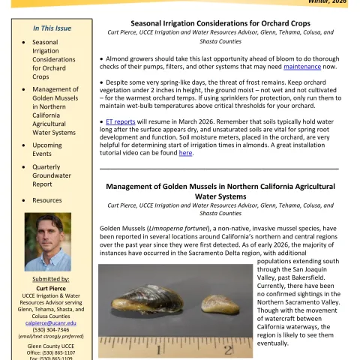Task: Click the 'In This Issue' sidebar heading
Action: (x=52, y=28)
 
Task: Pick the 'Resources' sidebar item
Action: (x=46, y=200)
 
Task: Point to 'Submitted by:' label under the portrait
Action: (x=51, y=280)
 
